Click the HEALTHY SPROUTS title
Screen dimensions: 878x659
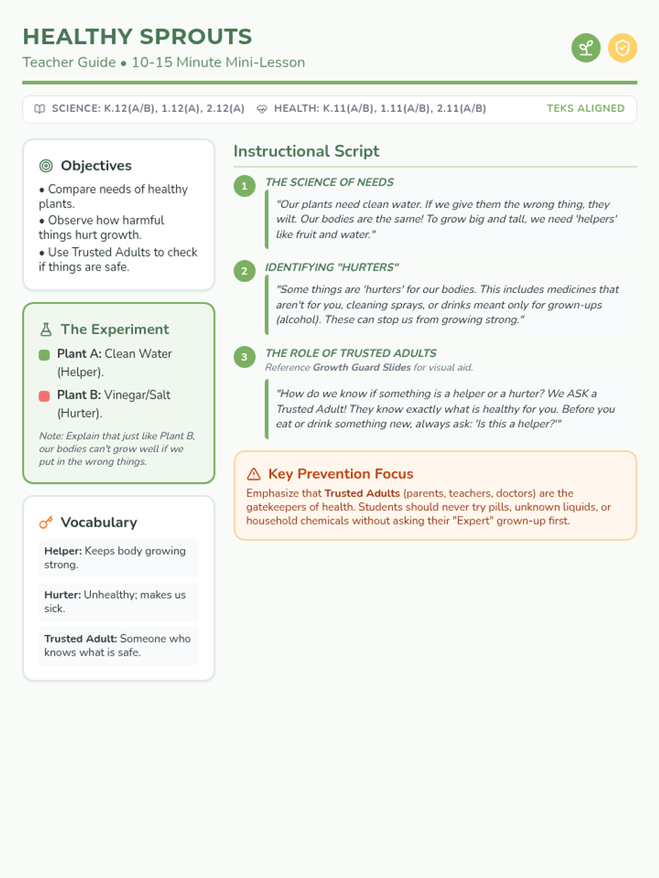[x=137, y=37]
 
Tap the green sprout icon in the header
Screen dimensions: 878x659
[x=586, y=48]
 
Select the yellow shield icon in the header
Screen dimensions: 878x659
[x=622, y=48]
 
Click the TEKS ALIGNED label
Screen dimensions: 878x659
[x=585, y=109]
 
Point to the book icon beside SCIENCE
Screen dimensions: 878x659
[x=40, y=109]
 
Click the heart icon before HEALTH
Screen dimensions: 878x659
[x=262, y=109]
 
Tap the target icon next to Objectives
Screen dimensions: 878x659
[x=46, y=166]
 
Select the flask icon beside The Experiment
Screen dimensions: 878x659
[x=46, y=329]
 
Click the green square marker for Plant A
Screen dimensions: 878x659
[x=44, y=355]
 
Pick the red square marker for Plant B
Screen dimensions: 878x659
[x=44, y=396]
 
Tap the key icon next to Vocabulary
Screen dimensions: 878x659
[x=46, y=522]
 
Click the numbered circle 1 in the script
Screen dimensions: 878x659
[x=244, y=186]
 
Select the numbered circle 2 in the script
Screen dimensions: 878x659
[x=244, y=271]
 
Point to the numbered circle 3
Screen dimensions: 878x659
[x=244, y=357]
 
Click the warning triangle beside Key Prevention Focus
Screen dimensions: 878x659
[x=254, y=474]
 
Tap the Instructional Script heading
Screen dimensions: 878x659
[x=306, y=151]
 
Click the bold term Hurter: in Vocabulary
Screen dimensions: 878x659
[x=63, y=595]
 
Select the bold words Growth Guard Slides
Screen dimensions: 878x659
[x=361, y=368]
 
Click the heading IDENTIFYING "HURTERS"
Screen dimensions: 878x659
[x=332, y=267]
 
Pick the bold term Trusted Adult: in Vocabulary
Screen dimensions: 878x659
[x=80, y=639]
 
